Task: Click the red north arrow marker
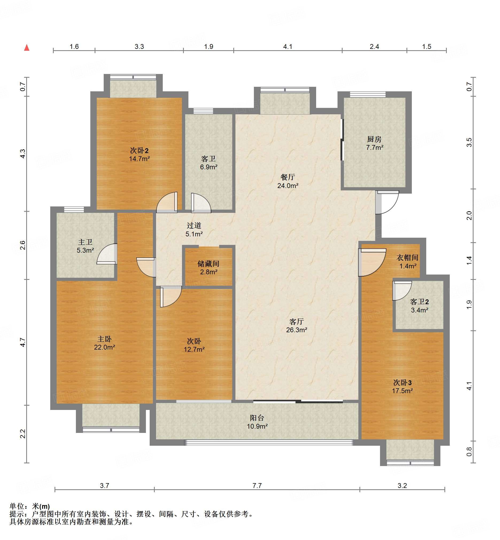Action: [x=27, y=48]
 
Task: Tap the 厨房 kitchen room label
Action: [x=374, y=139]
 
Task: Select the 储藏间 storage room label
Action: [x=208, y=264]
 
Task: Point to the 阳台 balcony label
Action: [x=257, y=418]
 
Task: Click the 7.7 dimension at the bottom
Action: [x=257, y=485]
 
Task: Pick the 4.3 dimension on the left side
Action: [x=23, y=154]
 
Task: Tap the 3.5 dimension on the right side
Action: [x=469, y=143]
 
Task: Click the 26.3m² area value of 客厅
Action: [x=297, y=330]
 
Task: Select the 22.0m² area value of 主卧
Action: [x=104, y=347]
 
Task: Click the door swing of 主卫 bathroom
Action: [x=107, y=254]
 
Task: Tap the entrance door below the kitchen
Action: [x=387, y=202]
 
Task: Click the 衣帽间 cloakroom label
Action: [x=408, y=258]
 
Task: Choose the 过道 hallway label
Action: [x=194, y=225]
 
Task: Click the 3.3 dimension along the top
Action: [x=139, y=46]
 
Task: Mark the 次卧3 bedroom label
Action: [x=403, y=383]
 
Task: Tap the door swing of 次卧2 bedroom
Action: [x=167, y=202]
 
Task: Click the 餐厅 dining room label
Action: [x=288, y=177]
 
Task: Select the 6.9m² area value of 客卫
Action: [x=209, y=167]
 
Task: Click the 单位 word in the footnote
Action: [x=17, y=506]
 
